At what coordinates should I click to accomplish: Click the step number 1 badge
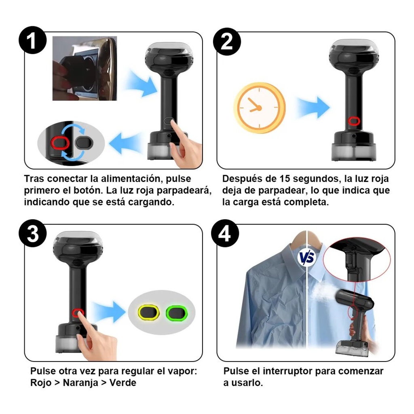(32, 40)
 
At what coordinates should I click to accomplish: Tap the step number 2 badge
(227, 42)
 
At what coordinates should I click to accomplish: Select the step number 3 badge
(32, 233)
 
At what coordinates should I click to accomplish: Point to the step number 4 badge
(225, 233)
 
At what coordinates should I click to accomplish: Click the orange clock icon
(260, 108)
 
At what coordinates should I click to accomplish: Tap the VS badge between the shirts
(307, 258)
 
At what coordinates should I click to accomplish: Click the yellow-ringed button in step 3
(148, 313)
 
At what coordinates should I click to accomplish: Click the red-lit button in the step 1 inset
(60, 143)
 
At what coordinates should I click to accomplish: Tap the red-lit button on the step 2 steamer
(354, 121)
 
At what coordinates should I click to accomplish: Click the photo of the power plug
(85, 68)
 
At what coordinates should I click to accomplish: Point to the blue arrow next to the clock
(313, 107)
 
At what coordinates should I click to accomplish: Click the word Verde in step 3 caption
(123, 382)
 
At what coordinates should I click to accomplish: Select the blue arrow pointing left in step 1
(124, 143)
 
